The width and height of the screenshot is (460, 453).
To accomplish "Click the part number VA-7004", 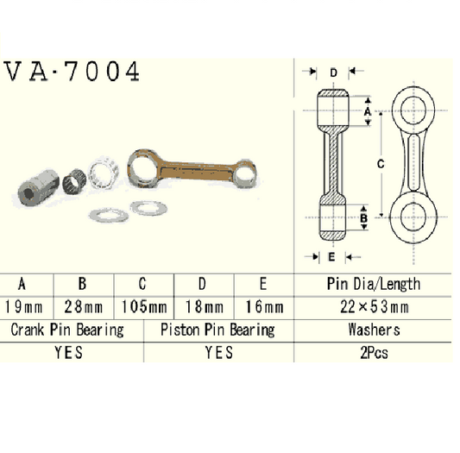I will (72, 72).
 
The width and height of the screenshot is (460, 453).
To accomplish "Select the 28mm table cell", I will (84, 306).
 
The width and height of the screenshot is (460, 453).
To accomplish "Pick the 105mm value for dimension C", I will (143, 306).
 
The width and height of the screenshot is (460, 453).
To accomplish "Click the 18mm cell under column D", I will (203, 306).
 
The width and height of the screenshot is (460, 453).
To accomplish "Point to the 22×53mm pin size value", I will (374, 306).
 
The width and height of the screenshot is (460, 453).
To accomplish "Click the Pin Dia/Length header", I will (374, 284).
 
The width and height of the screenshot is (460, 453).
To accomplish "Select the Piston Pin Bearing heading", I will (217, 330).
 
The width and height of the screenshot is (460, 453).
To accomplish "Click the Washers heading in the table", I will (374, 330).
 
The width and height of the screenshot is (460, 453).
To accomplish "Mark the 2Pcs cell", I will (374, 352).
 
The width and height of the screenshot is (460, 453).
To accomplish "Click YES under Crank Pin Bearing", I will (67, 352).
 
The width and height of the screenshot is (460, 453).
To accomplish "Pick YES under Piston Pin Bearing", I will (217, 352).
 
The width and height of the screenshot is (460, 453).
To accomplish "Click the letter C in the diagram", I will (379, 161).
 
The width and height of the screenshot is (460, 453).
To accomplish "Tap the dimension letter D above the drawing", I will (333, 72).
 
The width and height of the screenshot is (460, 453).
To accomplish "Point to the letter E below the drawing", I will (331, 256).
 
